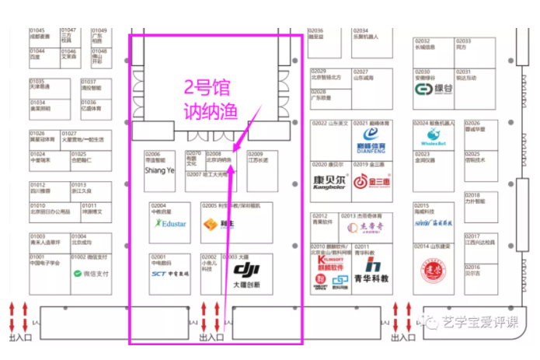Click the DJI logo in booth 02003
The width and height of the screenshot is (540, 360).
246,270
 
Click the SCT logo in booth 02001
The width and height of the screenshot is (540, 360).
169,274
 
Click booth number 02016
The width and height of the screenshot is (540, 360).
472,267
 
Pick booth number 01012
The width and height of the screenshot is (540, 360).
38,184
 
